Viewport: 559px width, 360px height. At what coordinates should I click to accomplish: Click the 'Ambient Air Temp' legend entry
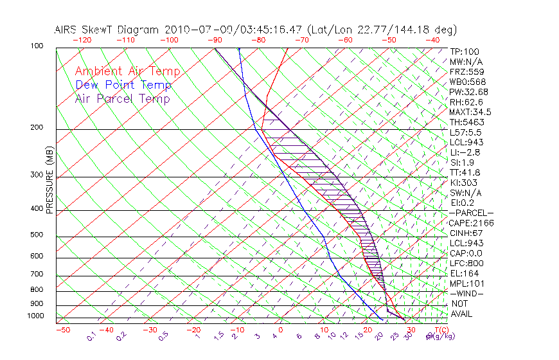point(127,71)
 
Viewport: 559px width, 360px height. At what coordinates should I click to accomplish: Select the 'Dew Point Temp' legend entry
point(123,85)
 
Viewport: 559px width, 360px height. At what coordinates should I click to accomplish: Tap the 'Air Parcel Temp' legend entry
point(123,98)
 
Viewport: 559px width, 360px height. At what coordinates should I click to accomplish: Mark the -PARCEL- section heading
point(471,213)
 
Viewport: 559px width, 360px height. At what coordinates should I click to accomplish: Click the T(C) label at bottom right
point(440,330)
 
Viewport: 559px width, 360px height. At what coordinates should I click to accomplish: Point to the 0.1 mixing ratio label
point(92,336)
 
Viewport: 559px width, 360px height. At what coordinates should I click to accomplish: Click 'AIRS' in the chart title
point(67,30)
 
